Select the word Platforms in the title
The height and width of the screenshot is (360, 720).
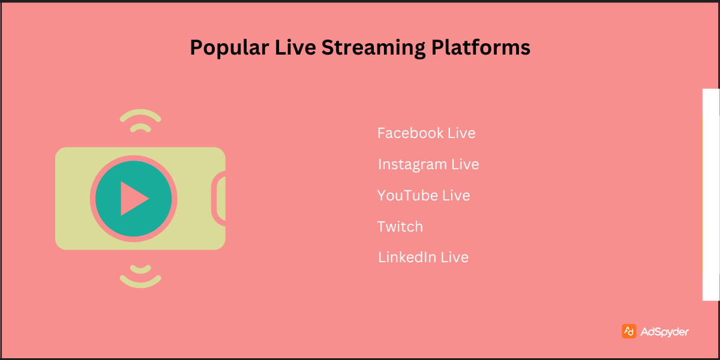click(x=481, y=47)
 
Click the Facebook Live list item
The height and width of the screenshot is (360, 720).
click(x=426, y=133)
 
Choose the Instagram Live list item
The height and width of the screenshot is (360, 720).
click(x=428, y=164)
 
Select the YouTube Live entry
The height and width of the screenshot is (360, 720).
click(x=424, y=196)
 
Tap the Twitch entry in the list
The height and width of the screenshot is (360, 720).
click(x=400, y=227)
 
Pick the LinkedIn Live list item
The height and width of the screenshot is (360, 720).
click(x=423, y=258)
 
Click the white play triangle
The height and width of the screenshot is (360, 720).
click(x=133, y=199)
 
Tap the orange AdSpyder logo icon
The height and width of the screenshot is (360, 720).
click(x=629, y=331)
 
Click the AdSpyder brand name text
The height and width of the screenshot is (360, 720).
click(x=664, y=332)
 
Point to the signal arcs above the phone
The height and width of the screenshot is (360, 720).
click(x=140, y=120)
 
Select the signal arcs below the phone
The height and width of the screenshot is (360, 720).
click(x=140, y=275)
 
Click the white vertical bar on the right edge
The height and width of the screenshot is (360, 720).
click(x=710, y=194)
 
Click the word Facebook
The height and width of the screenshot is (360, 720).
click(x=410, y=133)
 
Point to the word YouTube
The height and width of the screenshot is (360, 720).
click(x=407, y=196)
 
